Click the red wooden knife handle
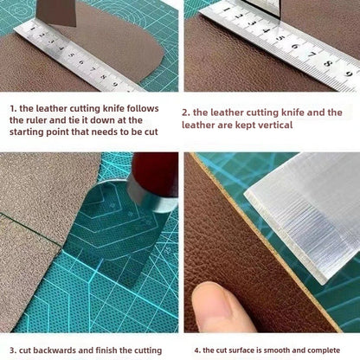[155, 174]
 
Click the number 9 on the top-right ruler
[349, 74]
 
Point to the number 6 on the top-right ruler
[294, 46]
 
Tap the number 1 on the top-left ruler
[32, 29]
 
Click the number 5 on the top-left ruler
[71, 55]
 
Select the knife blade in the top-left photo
[56, 12]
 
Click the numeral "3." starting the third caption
[13, 350]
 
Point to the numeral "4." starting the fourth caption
[197, 350]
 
